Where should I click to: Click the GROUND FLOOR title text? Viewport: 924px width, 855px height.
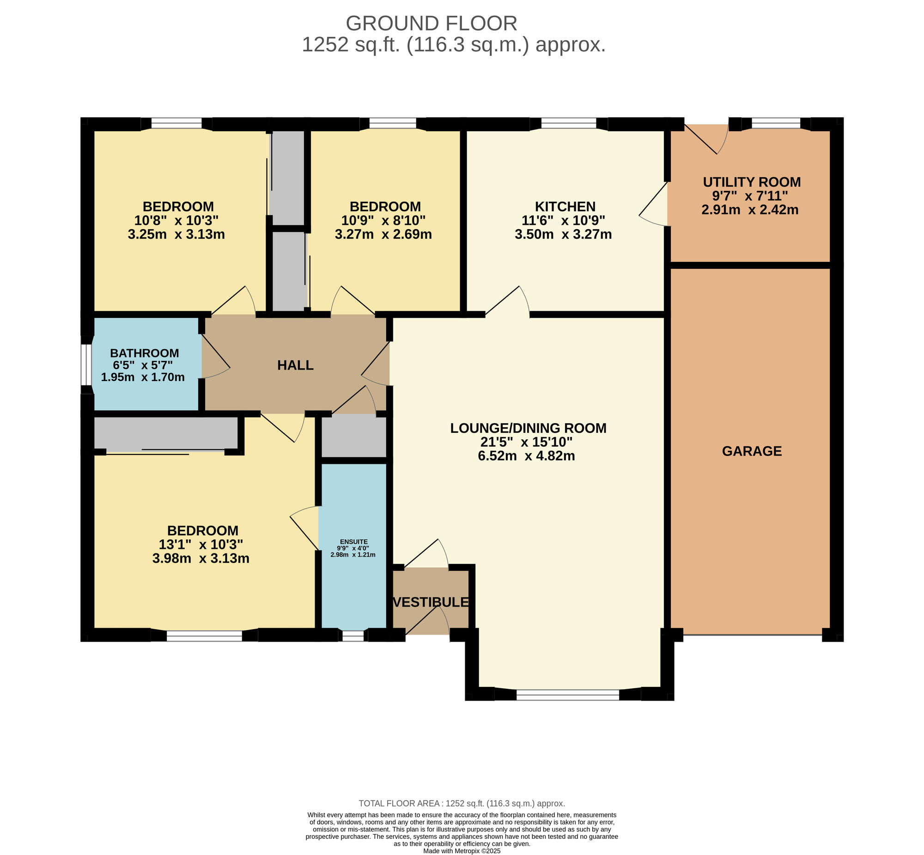point(431,23)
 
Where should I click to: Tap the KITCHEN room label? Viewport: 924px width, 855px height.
point(565,206)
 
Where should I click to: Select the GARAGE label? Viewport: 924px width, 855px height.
point(752,451)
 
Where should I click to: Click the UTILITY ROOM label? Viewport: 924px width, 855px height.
point(752,182)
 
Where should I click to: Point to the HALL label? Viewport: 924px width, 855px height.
point(295,365)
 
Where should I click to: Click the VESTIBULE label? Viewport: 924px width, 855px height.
point(431,602)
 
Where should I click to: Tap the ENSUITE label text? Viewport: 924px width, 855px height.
point(354,542)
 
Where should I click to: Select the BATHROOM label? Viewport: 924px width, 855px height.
point(144,353)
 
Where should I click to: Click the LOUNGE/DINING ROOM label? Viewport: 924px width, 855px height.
point(529,428)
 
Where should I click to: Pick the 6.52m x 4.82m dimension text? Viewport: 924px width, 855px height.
point(527,456)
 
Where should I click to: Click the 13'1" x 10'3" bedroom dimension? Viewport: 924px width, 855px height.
point(201,545)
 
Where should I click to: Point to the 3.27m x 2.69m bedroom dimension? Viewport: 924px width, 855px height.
point(383,234)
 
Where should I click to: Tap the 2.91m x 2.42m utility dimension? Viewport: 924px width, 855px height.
point(750,210)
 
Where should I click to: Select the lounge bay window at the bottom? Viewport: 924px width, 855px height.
point(568,694)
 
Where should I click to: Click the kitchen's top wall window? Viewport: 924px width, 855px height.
point(569,123)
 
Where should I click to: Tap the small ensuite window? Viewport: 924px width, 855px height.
point(353,636)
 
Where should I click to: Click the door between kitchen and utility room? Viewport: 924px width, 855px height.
point(653,204)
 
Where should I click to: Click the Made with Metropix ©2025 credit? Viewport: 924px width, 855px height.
point(462,850)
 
